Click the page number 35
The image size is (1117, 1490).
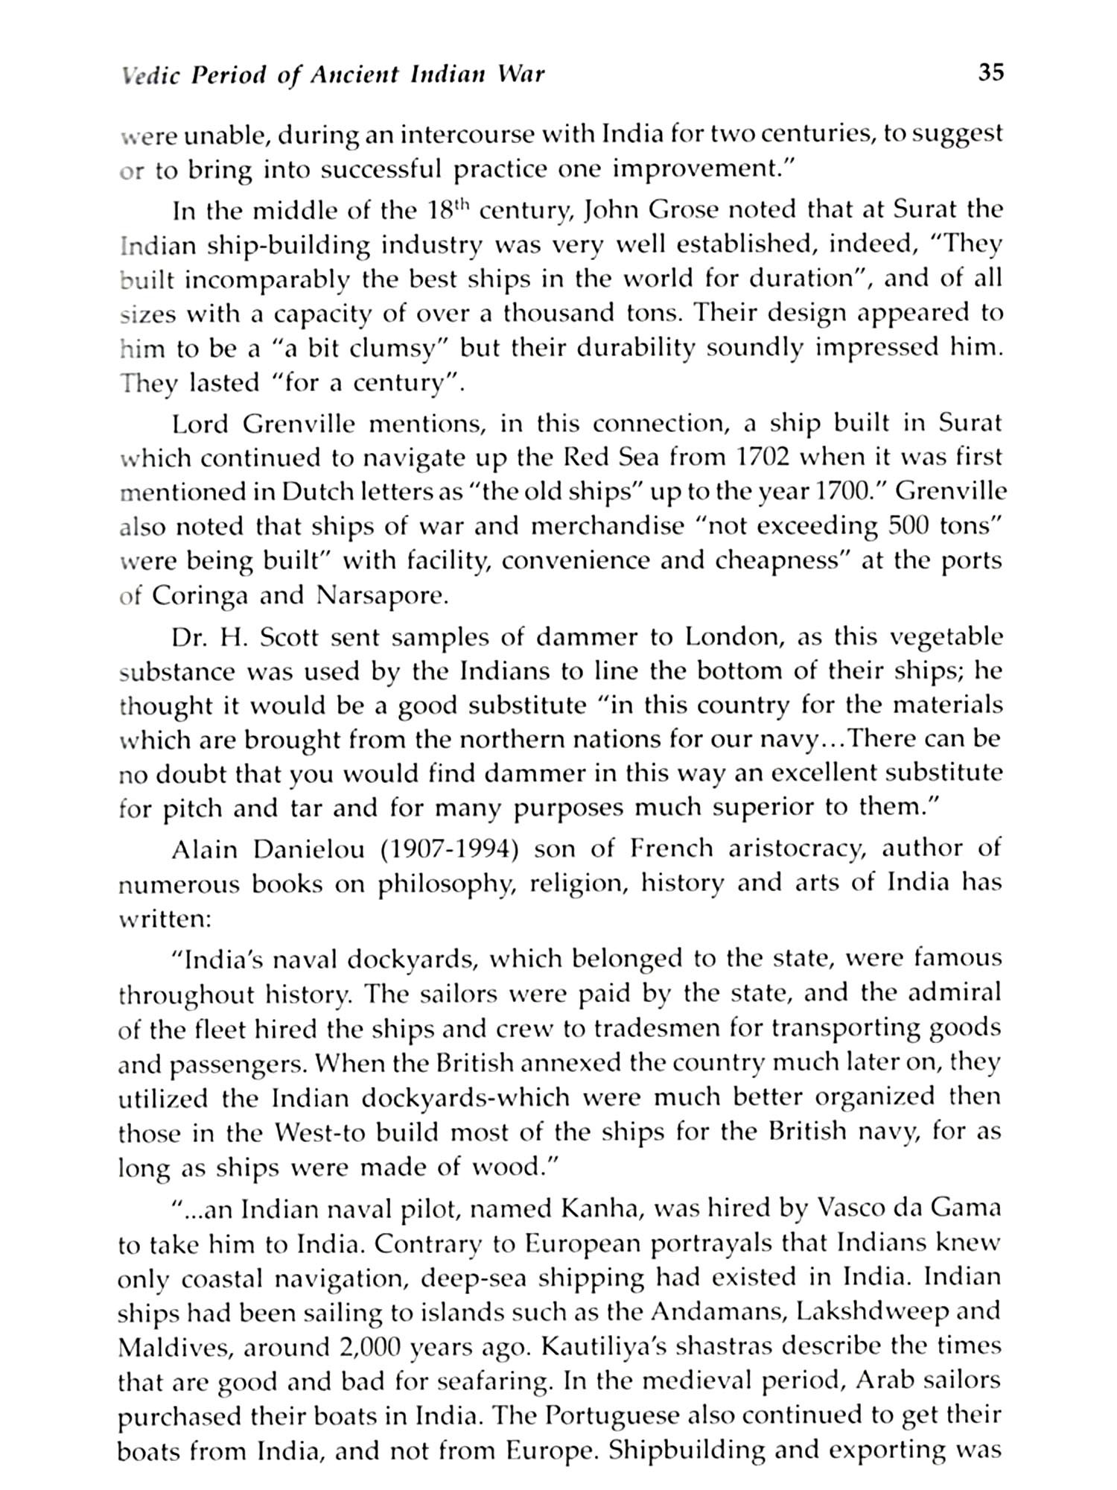(x=990, y=73)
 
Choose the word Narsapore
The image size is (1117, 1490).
(x=382, y=596)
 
